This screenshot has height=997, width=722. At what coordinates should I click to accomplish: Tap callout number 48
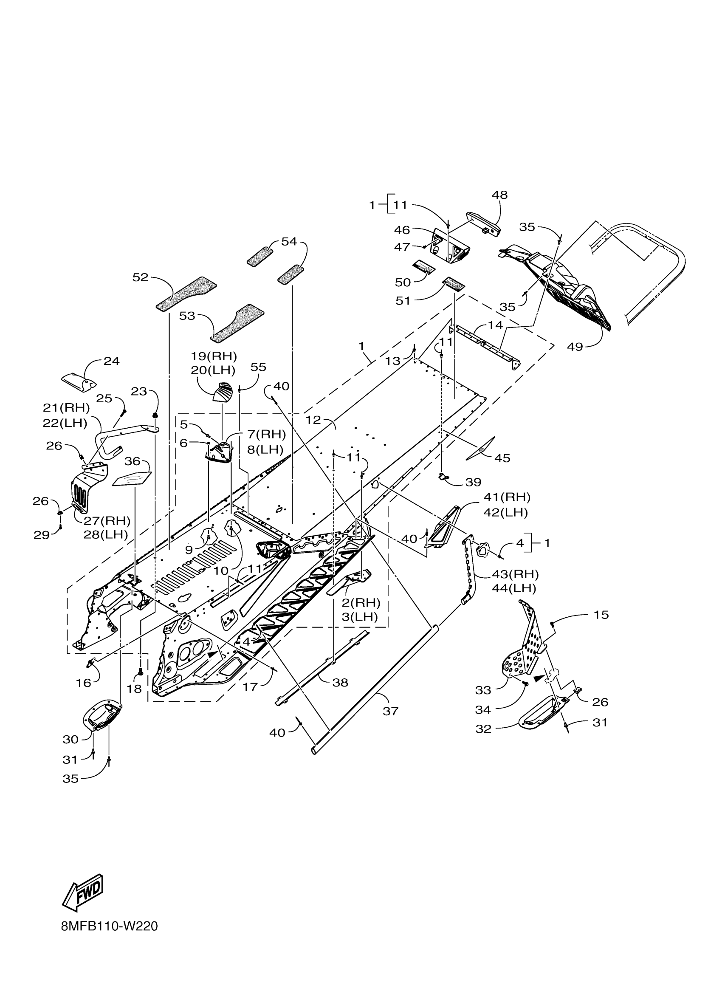[x=499, y=195]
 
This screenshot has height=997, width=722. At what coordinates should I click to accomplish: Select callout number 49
[x=575, y=347]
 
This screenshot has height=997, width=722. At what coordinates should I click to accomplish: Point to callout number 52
[x=141, y=277]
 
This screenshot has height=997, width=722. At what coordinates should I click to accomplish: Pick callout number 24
[x=112, y=361]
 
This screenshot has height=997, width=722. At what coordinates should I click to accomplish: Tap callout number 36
[x=132, y=461]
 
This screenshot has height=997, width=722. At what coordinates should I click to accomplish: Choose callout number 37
[x=390, y=711]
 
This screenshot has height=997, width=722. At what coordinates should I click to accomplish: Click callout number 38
[x=341, y=682]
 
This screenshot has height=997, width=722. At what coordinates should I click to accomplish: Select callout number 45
[x=502, y=458]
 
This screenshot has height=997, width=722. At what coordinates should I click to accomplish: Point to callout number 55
[x=258, y=367]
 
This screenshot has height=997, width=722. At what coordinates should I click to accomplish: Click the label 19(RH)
[x=214, y=356]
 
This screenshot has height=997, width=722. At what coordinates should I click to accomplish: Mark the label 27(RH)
[x=107, y=521]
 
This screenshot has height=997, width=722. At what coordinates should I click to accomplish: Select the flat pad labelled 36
[x=132, y=479]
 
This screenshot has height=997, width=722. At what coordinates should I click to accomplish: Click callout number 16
[x=83, y=683]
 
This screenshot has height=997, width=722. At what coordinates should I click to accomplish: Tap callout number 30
[x=71, y=740]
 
